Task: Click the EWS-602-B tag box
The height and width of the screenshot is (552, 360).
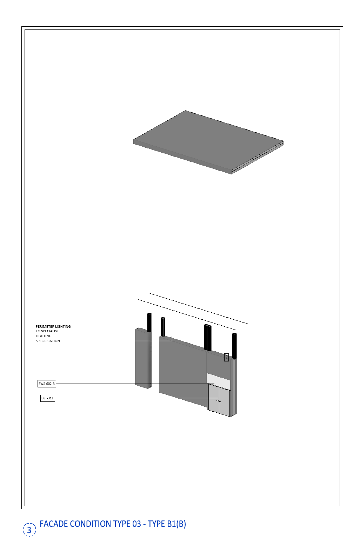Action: coord(47,384)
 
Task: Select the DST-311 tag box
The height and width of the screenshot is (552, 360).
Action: coord(48,398)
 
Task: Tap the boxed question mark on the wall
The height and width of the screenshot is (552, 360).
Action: coord(226,357)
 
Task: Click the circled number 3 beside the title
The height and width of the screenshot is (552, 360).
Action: coord(29,530)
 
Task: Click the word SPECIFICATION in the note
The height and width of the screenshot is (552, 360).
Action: coord(48,341)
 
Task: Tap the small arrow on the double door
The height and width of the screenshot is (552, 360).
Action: coord(219,401)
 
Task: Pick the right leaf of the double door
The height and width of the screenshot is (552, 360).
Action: coord(225,402)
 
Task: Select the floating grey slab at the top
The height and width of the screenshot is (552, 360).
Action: coord(208,142)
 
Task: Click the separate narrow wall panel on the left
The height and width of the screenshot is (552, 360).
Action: coord(143,358)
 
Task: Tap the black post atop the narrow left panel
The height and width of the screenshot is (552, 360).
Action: coord(149,322)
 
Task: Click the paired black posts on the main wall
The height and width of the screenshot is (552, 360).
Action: coord(207,337)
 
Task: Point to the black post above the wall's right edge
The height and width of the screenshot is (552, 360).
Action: coord(234,346)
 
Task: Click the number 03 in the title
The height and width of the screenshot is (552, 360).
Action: coord(137,524)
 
